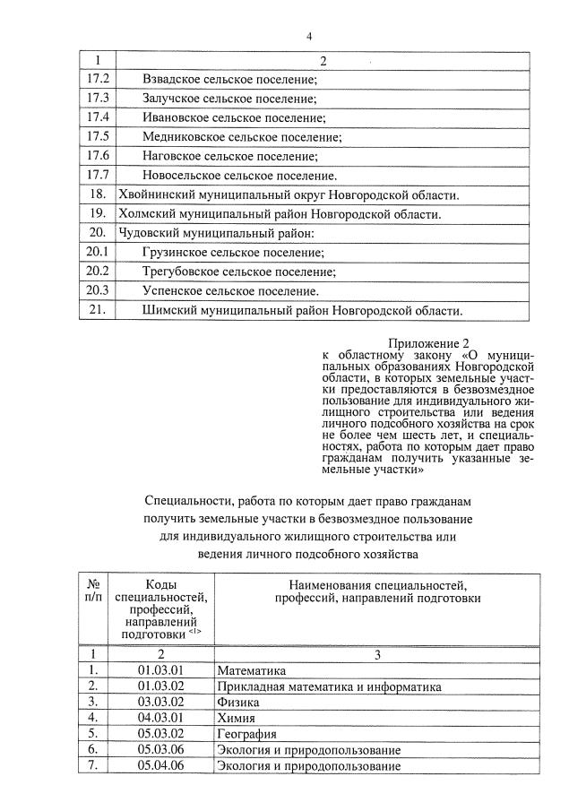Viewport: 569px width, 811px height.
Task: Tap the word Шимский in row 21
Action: [x=167, y=311]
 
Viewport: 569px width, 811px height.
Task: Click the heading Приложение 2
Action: [x=428, y=343]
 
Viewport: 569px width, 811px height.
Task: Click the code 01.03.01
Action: [x=160, y=670]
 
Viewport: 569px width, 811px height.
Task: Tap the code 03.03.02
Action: [x=160, y=703]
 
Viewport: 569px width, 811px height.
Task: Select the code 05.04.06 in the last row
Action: [x=160, y=765]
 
